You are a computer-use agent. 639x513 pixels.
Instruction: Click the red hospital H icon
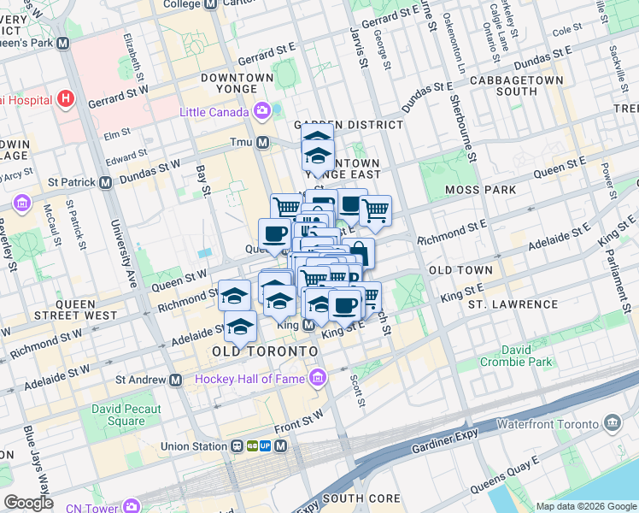[66, 99]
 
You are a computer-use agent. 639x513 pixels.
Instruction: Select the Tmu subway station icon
[263, 142]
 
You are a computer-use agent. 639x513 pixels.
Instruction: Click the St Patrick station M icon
[106, 182]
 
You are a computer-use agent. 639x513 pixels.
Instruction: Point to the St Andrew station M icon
[176, 380]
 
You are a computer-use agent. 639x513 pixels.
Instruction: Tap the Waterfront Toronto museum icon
[612, 422]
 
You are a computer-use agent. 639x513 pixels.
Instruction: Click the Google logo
[28, 503]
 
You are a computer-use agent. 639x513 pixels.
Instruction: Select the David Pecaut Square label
[126, 415]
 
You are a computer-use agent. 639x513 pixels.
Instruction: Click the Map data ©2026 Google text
[585, 506]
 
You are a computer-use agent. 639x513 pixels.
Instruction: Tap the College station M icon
[210, 4]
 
